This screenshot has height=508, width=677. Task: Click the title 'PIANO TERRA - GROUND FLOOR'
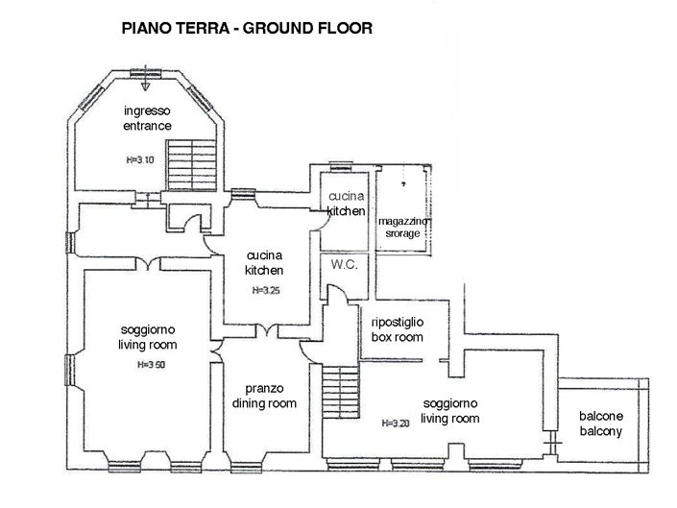[x=246, y=29]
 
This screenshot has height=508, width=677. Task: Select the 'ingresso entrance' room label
[x=146, y=118]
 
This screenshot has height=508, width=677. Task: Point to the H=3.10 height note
[x=140, y=159]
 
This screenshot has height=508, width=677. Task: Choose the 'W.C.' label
[x=344, y=264]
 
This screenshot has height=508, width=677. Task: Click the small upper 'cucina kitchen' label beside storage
[x=345, y=204]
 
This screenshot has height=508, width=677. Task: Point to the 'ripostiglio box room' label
[x=397, y=329]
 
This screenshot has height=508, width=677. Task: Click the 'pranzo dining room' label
[x=263, y=396]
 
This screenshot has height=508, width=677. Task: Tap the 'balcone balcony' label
[x=600, y=424]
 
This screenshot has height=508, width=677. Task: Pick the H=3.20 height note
[x=397, y=423]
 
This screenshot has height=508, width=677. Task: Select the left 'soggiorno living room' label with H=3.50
[x=147, y=337]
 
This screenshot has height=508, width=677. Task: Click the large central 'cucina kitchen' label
[x=263, y=263]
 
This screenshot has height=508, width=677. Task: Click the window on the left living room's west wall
[x=69, y=366]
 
